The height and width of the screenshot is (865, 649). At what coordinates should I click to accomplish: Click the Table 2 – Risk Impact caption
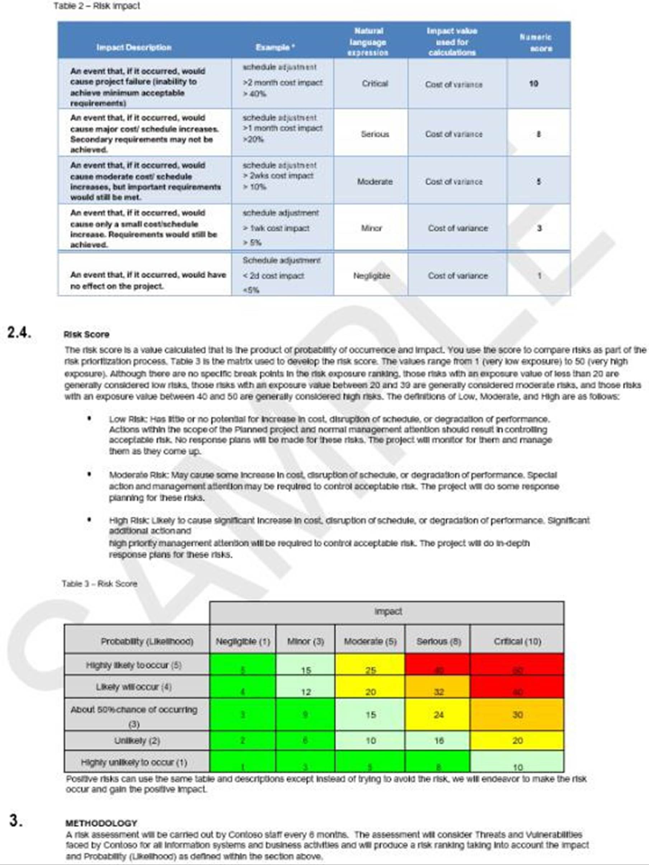point(97,6)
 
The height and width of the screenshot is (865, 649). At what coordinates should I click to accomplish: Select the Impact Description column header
point(134,47)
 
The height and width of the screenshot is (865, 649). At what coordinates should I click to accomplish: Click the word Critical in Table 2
point(375,84)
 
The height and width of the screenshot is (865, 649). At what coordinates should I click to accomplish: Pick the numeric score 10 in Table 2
point(534,83)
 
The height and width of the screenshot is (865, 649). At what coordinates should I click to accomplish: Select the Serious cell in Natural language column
point(375,134)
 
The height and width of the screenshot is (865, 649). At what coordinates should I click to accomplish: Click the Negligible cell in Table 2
point(371,276)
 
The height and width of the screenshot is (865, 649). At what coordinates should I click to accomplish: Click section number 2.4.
point(19,332)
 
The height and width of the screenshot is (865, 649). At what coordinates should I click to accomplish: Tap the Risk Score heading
point(86,334)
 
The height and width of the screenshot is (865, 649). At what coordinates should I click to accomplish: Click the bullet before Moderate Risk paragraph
point(90,475)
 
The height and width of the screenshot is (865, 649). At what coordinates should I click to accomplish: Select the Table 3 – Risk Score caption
point(99,584)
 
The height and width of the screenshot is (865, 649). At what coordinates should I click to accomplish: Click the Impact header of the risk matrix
point(388,611)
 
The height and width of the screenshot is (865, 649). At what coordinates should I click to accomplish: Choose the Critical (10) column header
point(517,641)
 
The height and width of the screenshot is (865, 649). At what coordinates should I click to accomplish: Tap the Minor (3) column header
point(305,641)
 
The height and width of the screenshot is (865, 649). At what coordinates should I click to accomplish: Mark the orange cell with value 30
point(517,715)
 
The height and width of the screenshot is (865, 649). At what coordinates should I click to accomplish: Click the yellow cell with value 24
point(438,715)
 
